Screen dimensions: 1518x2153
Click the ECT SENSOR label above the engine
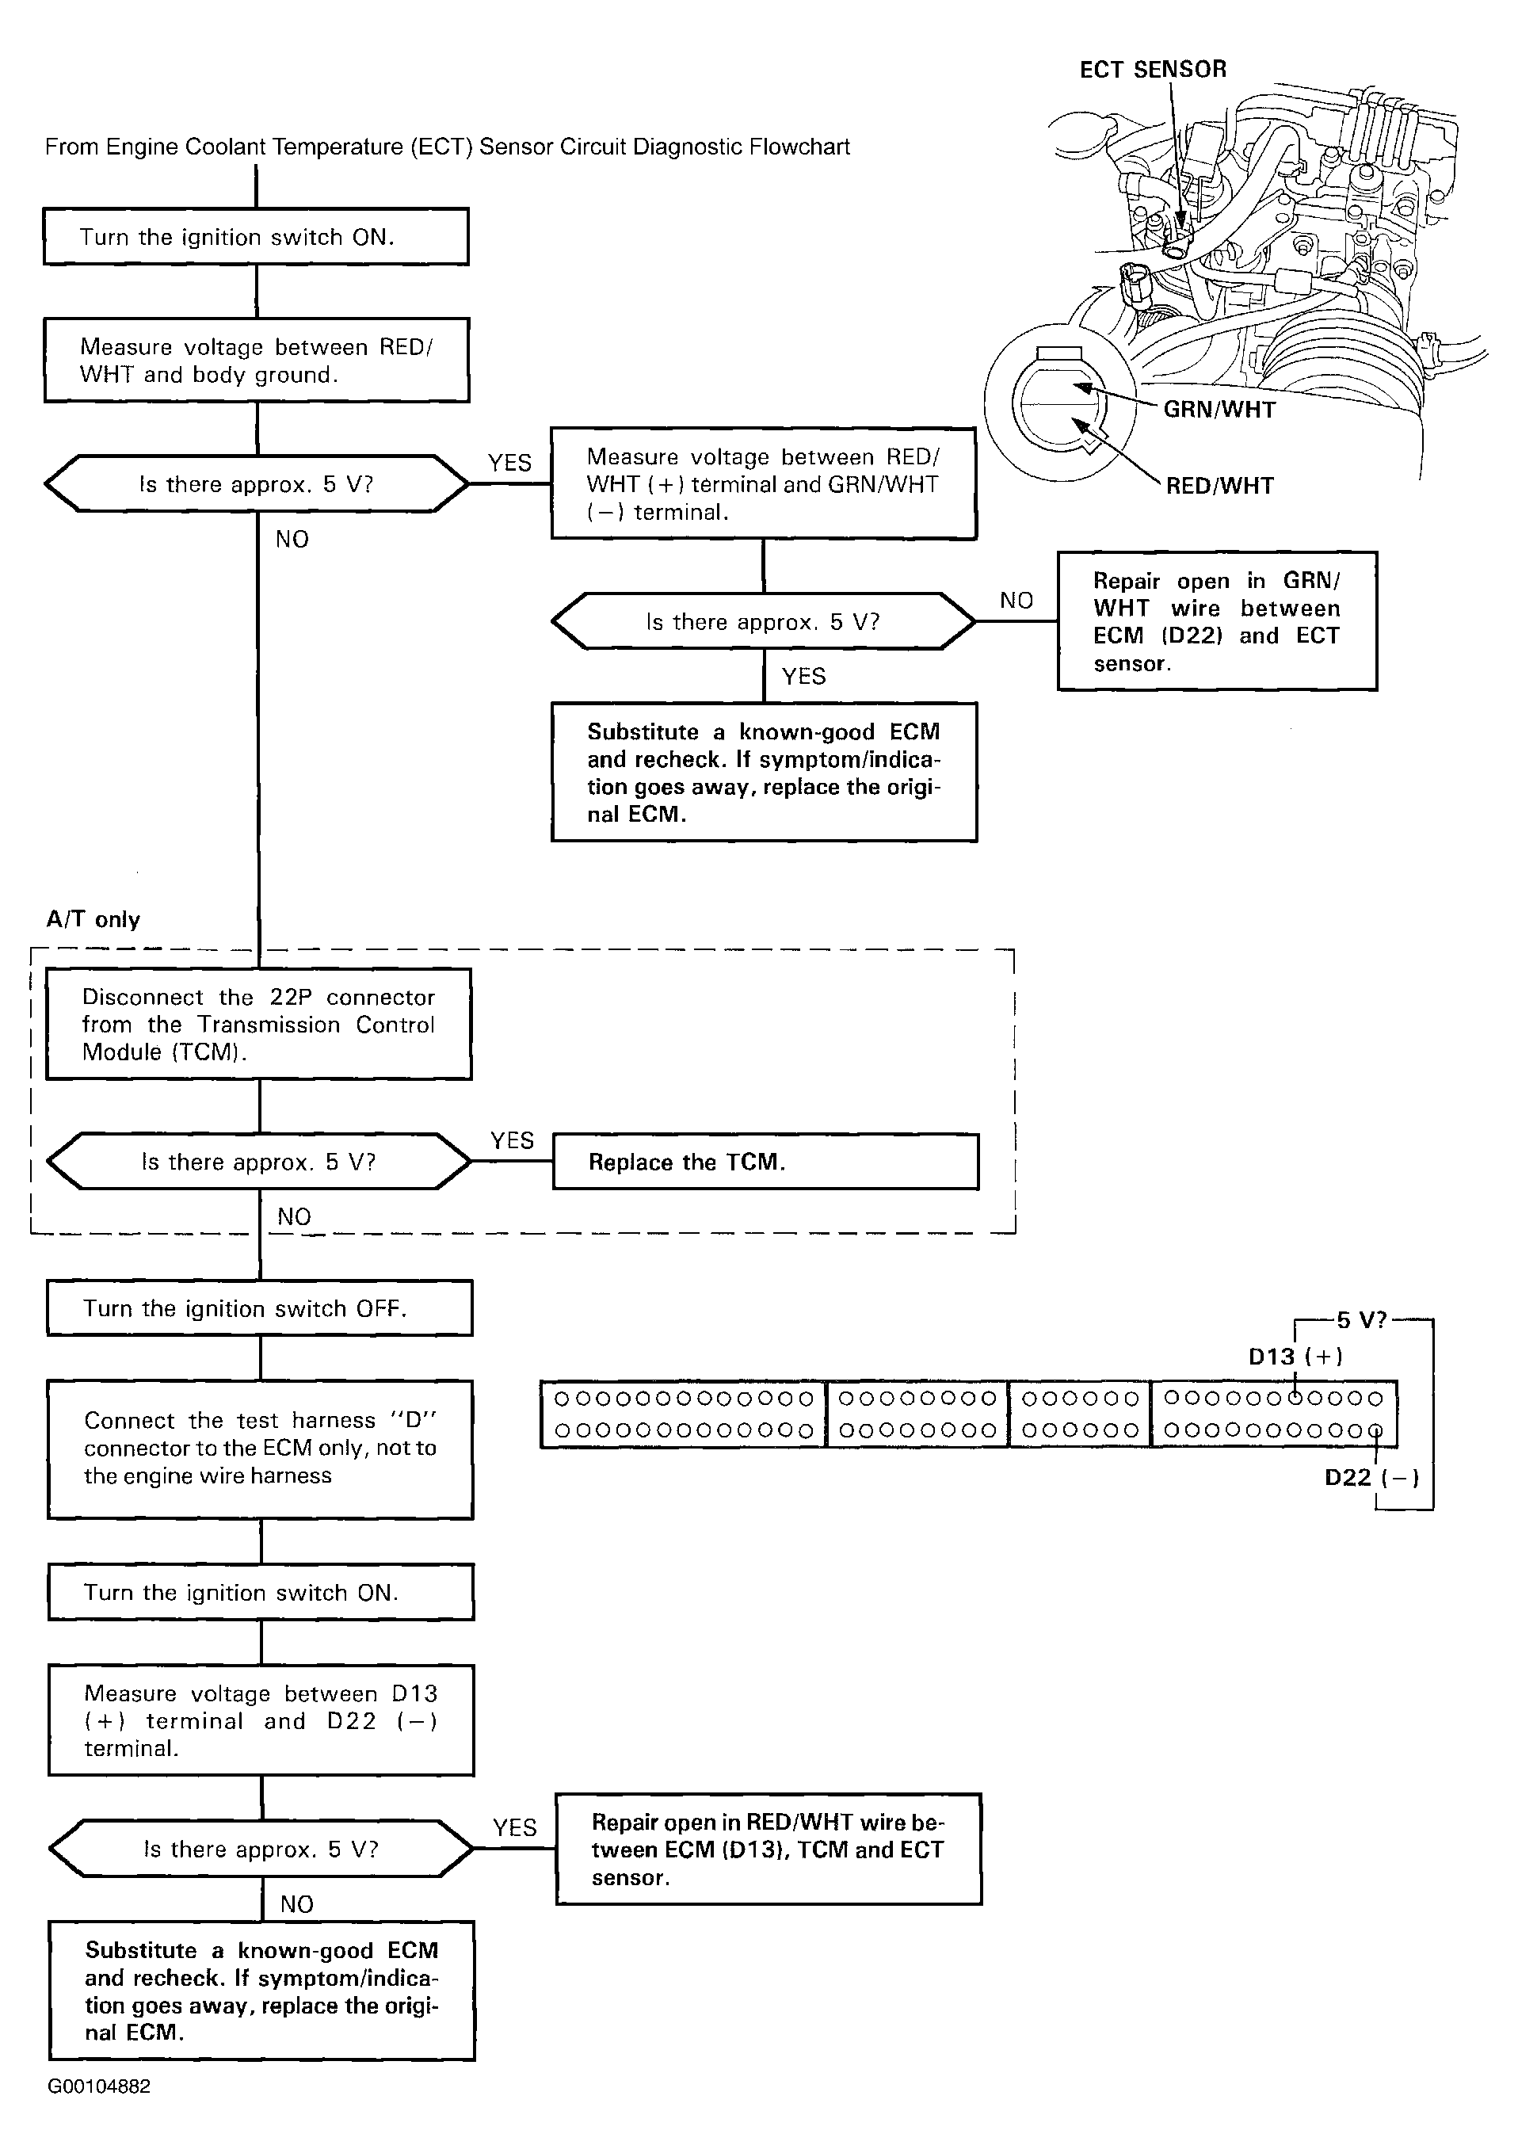1152,70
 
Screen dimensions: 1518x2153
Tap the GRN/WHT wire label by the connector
1219,410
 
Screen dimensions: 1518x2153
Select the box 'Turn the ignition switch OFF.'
260,1308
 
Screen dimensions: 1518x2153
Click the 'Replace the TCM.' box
766,1162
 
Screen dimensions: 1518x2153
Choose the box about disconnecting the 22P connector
259,1024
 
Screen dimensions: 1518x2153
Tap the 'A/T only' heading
93,919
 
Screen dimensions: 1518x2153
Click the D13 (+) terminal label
1295,1356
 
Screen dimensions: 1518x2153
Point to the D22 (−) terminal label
1371,1478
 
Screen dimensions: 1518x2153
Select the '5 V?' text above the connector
1360,1320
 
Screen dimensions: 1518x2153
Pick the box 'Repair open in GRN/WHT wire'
1217,620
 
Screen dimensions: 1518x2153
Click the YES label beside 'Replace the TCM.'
512,1140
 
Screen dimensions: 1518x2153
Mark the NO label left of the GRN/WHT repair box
1016,600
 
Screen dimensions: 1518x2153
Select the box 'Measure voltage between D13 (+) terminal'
261,1720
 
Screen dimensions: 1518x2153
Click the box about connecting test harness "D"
261,1449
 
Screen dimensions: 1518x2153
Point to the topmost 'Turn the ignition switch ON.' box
256,236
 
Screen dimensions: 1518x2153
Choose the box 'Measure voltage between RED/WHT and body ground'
257,360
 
